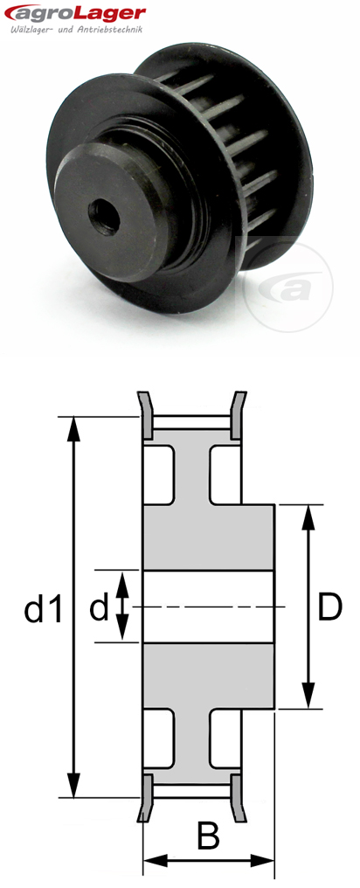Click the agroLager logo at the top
click(x=73, y=12)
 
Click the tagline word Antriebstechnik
click(x=111, y=29)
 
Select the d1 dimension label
click(x=44, y=609)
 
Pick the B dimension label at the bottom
click(x=208, y=836)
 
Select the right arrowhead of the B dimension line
click(x=268, y=861)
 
